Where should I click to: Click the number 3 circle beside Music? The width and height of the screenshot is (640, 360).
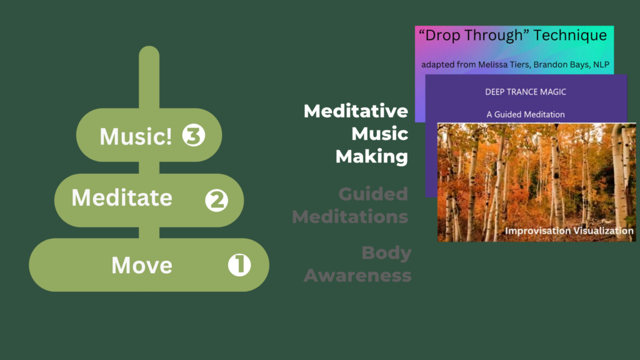[x=194, y=136]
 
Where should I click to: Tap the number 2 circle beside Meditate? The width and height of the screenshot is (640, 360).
[x=217, y=201]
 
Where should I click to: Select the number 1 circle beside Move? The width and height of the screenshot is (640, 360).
[x=239, y=266]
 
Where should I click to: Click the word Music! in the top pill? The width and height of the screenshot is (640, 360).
[x=136, y=136]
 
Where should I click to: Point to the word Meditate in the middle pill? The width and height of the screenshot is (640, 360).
[x=122, y=198]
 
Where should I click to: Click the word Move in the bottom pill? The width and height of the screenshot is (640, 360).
[x=141, y=265]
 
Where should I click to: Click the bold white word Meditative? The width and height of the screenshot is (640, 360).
[x=356, y=112]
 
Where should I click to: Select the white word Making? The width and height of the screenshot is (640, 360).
[x=372, y=156]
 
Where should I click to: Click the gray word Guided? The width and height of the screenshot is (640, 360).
[x=373, y=194]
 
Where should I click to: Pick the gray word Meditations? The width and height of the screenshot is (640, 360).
[x=350, y=216]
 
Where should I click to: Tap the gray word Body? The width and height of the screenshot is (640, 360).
[x=386, y=253]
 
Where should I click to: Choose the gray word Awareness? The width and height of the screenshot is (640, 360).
[x=357, y=275]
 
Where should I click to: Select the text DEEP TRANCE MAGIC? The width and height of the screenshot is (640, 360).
[x=525, y=92]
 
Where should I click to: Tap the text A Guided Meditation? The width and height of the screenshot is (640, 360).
[x=525, y=114]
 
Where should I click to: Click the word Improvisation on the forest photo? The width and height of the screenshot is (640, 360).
[x=537, y=231]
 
